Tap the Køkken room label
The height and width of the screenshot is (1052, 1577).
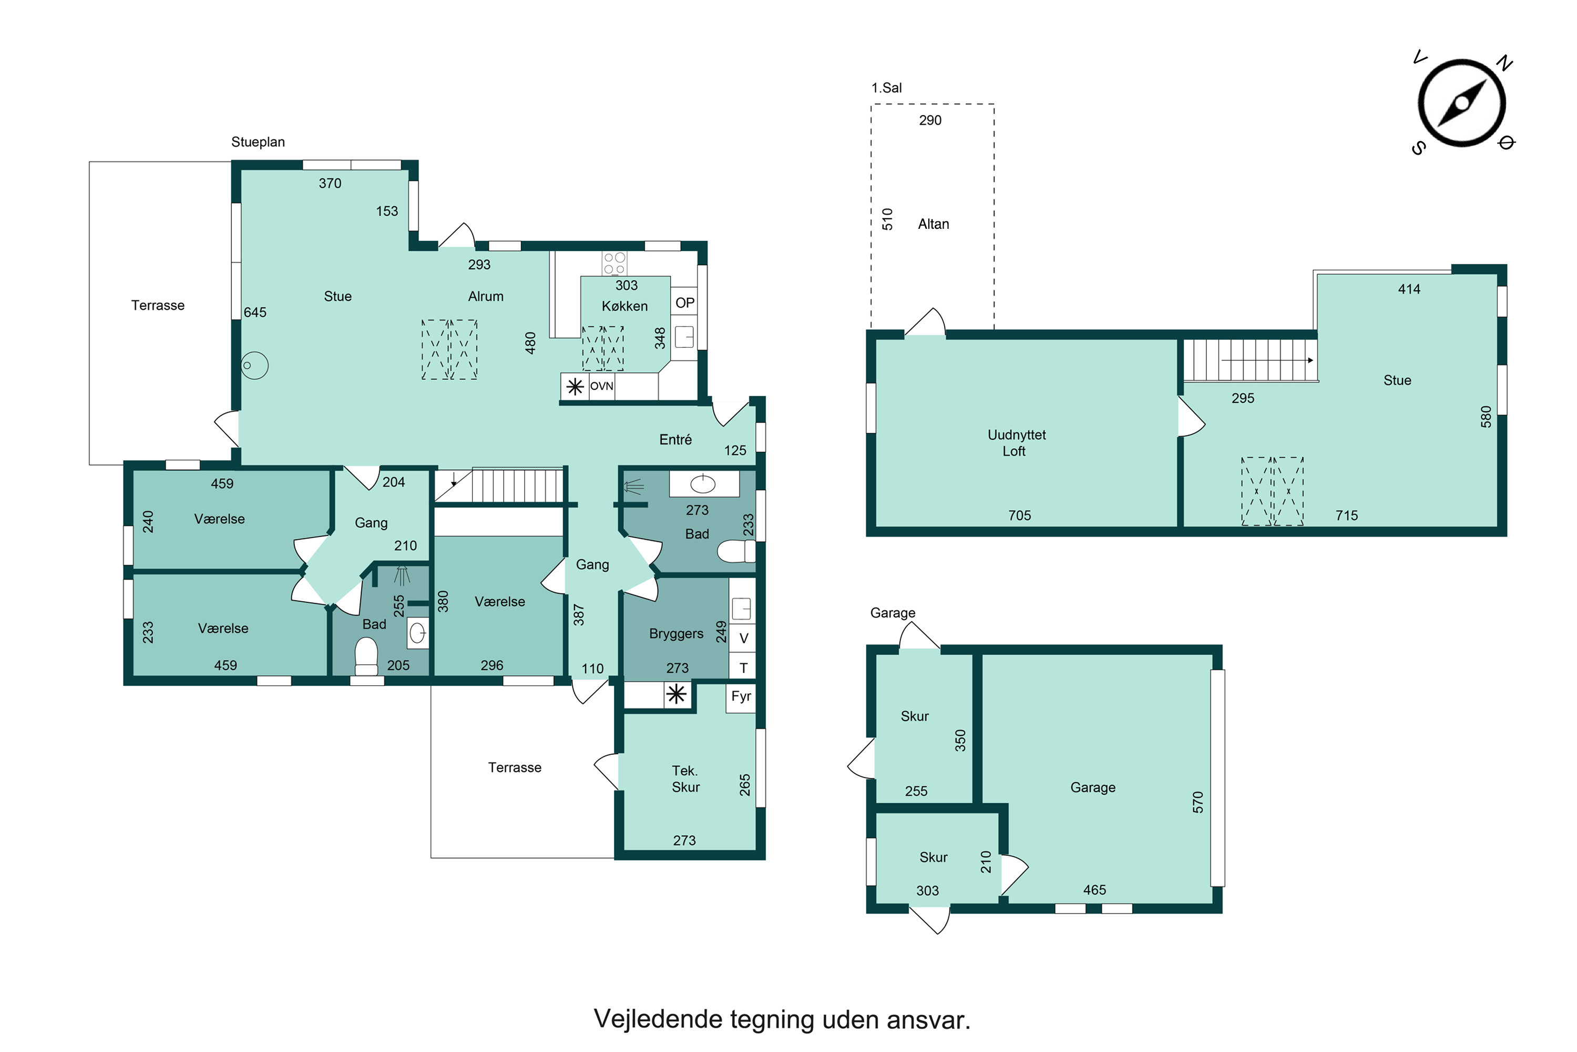coord(624,306)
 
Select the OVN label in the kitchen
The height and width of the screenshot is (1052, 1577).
coord(601,387)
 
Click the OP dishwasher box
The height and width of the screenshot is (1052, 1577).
coord(684,302)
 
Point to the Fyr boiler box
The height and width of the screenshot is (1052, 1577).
coord(741,696)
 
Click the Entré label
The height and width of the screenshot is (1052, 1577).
coord(675,439)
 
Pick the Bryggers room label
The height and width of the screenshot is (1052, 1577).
coord(676,634)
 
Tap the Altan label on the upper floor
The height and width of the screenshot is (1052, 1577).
coord(934,224)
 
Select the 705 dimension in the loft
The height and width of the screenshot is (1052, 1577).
coord(1019,515)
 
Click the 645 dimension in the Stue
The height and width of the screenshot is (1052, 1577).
coord(255,312)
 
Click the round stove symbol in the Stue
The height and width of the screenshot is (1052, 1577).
coord(255,366)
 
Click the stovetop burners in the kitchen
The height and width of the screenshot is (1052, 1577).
coord(614,263)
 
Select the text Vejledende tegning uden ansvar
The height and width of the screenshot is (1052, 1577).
coord(782,1019)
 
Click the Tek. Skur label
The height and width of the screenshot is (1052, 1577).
coord(685,779)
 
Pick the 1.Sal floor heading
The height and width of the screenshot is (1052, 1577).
coord(886,88)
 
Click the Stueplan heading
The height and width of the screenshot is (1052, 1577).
coord(258,142)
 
